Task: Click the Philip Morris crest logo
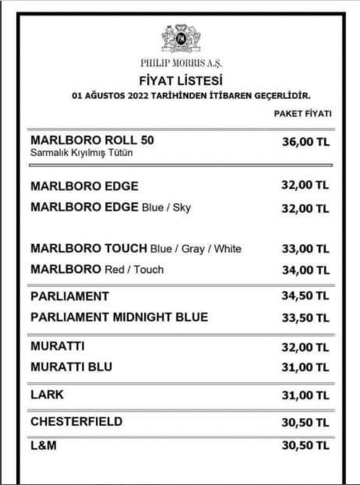(180, 37)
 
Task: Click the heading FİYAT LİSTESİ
(180, 80)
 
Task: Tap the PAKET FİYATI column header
(302, 114)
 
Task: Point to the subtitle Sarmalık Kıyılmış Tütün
(81, 152)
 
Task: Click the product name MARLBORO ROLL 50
(92, 140)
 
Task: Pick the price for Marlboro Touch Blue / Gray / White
(305, 250)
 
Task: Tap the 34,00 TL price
(305, 270)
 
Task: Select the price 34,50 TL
(305, 297)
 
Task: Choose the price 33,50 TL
(305, 318)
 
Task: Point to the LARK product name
(47, 395)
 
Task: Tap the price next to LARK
(305, 395)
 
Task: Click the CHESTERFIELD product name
(76, 421)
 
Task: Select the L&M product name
(45, 446)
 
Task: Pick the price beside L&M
(305, 446)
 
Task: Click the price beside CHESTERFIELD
(305, 422)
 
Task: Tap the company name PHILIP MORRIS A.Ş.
(180, 65)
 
